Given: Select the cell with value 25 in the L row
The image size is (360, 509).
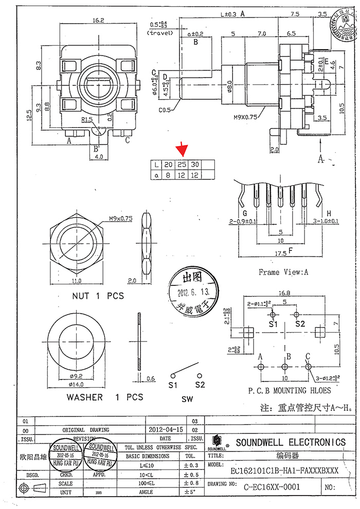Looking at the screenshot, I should click(x=181, y=165).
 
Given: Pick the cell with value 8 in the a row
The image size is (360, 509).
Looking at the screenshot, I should click(x=168, y=175).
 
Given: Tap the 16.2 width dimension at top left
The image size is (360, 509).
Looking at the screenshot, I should click(x=99, y=20).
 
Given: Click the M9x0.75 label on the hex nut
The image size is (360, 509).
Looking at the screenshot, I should click(x=120, y=218).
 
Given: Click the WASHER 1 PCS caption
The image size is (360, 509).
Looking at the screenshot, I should click(x=104, y=397).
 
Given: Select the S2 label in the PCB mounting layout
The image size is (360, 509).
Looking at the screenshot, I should click(x=300, y=324).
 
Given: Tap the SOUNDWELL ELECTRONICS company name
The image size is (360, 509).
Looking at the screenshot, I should click(x=291, y=442).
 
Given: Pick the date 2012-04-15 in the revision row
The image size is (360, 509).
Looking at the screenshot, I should click(x=166, y=429).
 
